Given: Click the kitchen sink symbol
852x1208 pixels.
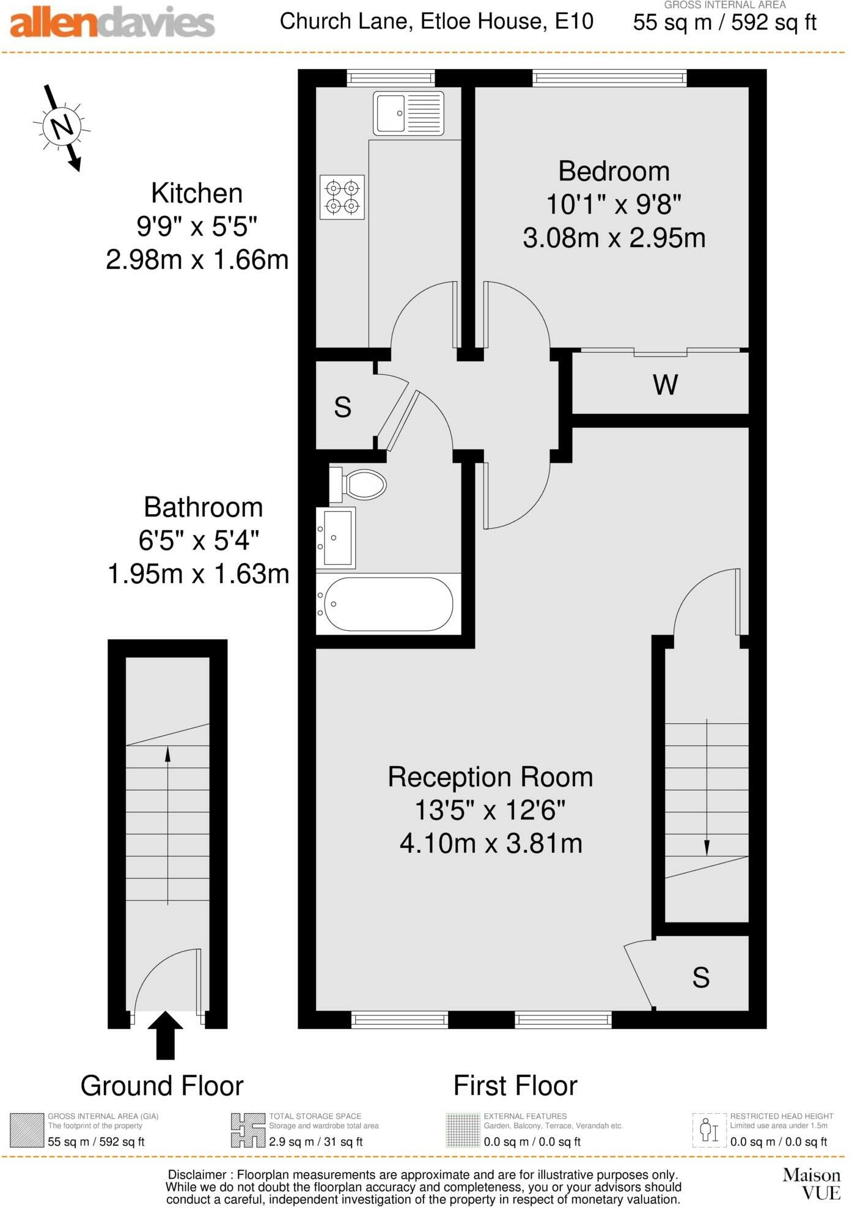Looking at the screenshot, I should pos(408,114).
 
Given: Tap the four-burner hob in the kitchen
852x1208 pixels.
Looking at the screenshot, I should pos(342,197).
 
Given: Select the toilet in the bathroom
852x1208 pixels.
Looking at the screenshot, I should pos(358,485).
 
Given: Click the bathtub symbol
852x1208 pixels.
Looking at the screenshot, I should pos(387,604).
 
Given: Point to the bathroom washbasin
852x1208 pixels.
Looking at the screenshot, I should pos(336,538).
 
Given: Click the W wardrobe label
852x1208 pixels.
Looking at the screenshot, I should pos(665,385).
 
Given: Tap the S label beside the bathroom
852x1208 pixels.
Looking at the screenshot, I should pos(342,407).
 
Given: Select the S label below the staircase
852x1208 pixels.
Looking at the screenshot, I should pos(700,978).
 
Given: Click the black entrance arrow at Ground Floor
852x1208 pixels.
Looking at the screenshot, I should pos(165,1035).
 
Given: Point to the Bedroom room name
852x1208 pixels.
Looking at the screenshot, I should pos(614,171).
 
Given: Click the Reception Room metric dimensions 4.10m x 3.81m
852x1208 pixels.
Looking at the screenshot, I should pos(491,844).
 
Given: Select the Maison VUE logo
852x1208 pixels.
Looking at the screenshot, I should pos(812,1184).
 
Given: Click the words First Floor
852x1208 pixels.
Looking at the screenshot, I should pos(515,1086).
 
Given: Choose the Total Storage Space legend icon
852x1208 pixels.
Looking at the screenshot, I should pos(248,1130).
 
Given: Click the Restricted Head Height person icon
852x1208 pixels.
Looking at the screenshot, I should pos(709,1130).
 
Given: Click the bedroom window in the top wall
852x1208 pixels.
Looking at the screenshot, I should pos(609,78).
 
